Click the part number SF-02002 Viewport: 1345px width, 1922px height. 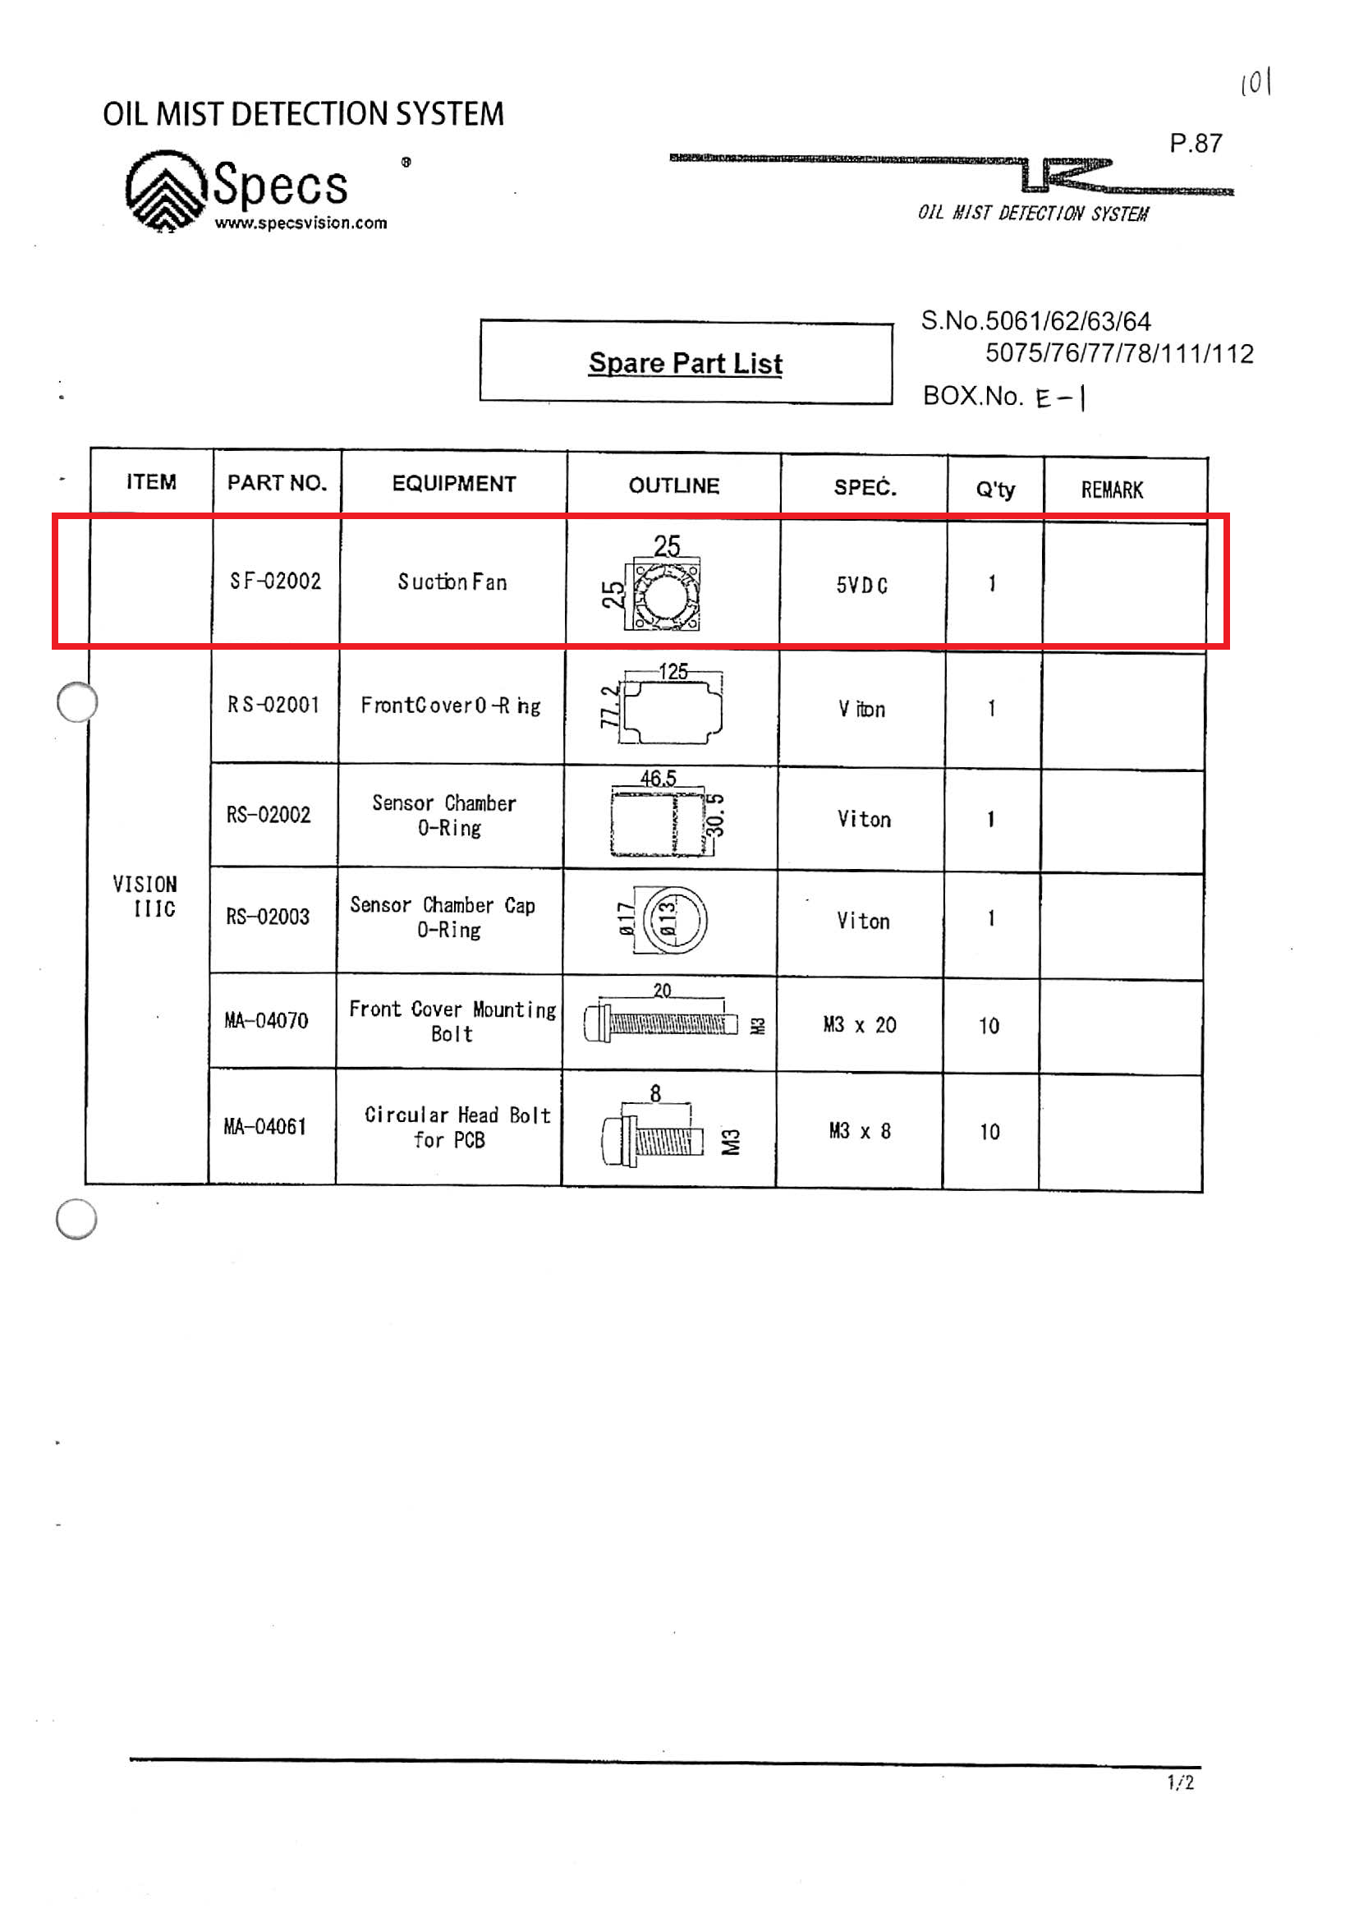[275, 581]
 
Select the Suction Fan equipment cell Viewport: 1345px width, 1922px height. [452, 582]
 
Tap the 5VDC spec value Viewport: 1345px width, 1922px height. [862, 585]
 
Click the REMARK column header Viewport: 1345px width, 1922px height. [1112, 490]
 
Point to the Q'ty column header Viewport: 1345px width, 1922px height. [995, 490]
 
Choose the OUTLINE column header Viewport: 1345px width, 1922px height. [674, 485]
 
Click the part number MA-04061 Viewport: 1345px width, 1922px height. [265, 1127]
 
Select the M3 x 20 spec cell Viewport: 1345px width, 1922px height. [860, 1024]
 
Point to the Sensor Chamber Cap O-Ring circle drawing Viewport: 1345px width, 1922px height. [674, 920]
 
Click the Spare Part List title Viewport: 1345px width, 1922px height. [686, 363]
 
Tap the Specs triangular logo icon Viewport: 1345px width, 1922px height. [166, 190]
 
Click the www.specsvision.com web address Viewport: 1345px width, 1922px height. [301, 223]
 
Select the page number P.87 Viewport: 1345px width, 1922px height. [1196, 144]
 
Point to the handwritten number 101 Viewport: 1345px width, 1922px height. [1255, 83]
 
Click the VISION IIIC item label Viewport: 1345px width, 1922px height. [145, 897]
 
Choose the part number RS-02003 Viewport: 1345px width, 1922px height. [268, 917]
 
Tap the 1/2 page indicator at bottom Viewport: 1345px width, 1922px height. [1180, 1783]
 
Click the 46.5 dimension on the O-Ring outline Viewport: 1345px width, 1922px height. [658, 778]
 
